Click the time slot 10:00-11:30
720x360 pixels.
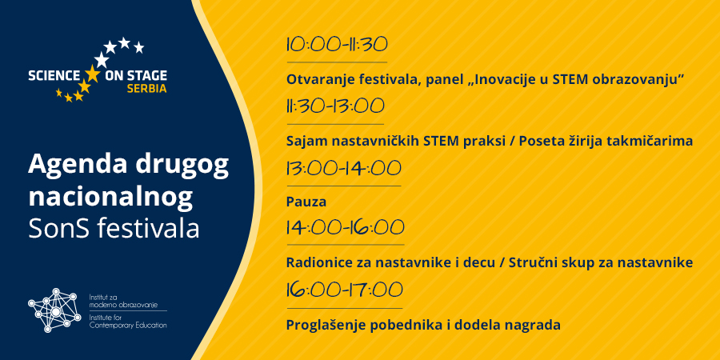click(x=338, y=45)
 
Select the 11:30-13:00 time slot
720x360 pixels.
click(x=336, y=106)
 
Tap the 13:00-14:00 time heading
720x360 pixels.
click(x=344, y=169)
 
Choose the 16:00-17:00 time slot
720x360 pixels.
click(x=344, y=290)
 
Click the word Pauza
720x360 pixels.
click(x=306, y=202)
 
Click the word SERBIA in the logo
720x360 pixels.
click(x=147, y=89)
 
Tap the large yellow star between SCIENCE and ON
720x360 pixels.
click(x=92, y=74)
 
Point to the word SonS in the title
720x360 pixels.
click(x=54, y=228)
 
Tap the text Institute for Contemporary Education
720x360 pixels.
click(x=128, y=322)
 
